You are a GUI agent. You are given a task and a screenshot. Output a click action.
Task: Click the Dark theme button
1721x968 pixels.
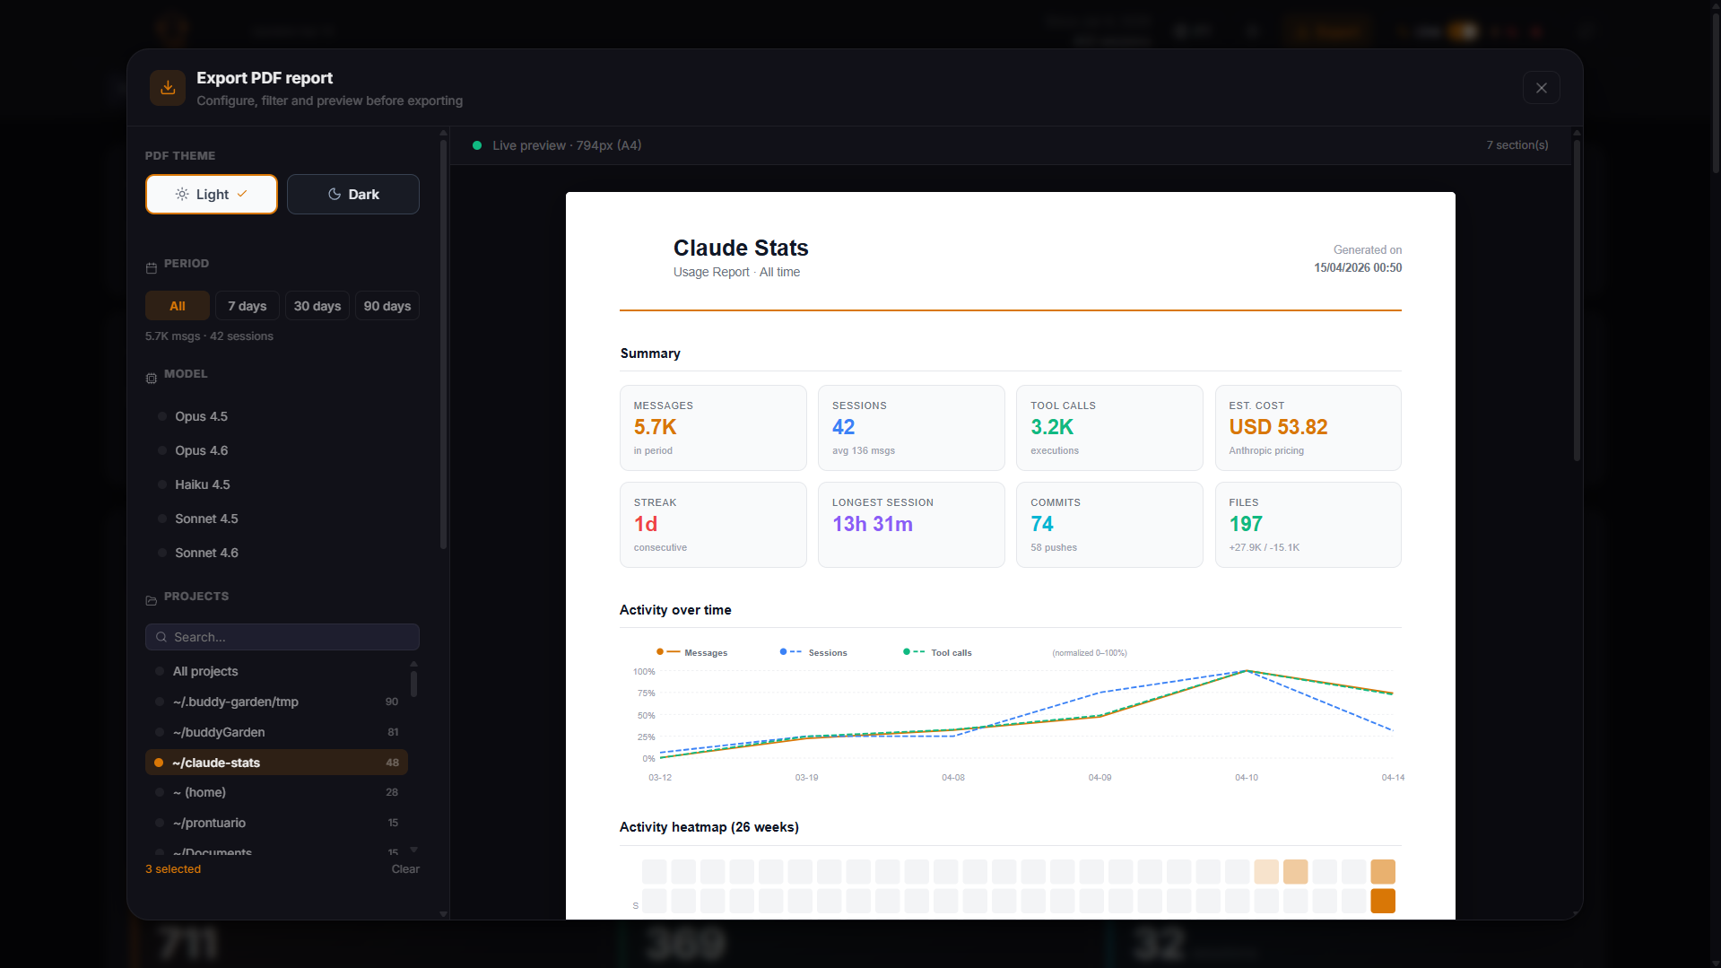[352, 194]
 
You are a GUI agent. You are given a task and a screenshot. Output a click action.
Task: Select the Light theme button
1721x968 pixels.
[212, 194]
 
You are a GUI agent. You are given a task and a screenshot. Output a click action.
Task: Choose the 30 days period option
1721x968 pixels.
[317, 306]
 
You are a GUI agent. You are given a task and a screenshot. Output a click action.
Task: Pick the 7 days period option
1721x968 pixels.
[247, 306]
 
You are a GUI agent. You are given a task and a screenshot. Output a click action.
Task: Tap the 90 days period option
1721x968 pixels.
[387, 306]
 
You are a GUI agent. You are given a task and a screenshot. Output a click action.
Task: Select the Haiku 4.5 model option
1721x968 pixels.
[203, 484]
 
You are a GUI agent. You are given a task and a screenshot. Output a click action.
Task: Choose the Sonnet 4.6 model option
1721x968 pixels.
[206, 553]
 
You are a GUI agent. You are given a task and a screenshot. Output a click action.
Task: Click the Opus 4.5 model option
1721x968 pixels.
[201, 416]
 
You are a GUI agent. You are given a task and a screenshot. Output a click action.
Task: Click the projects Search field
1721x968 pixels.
[282, 637]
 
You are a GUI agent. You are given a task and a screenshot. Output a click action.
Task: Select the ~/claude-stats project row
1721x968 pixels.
[276, 763]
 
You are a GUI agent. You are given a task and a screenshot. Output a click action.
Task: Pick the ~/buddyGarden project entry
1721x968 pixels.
[219, 732]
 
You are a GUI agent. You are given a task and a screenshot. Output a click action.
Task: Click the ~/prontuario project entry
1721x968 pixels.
[209, 823]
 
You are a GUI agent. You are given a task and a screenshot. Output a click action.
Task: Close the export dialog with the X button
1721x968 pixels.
[1541, 88]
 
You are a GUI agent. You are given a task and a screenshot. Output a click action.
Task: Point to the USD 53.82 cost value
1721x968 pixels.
[1278, 427]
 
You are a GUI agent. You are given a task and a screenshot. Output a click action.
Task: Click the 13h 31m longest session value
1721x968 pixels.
[872, 524]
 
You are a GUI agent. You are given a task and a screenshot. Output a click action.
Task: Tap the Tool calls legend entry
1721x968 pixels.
[951, 653]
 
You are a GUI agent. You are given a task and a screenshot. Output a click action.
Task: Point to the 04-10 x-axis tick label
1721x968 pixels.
[1246, 778]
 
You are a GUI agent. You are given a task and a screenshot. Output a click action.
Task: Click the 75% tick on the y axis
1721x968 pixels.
[646, 693]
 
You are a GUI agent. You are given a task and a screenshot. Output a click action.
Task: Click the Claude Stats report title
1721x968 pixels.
[741, 248]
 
